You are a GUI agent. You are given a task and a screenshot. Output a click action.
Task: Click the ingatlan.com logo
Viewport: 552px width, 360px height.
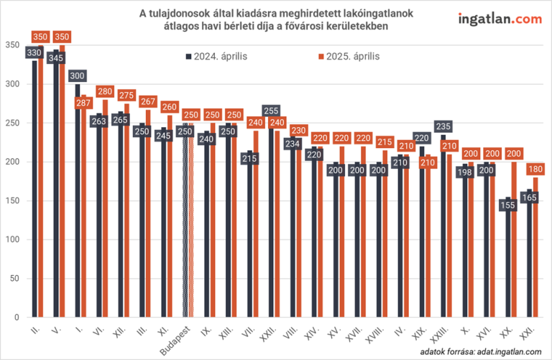(x=499, y=19)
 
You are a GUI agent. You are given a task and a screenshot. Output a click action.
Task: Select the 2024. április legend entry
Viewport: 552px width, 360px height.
(x=216, y=56)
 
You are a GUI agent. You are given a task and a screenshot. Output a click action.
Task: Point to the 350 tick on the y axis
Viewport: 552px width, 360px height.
(x=12, y=45)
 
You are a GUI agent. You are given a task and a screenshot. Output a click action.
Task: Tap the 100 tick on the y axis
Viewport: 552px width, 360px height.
(x=12, y=240)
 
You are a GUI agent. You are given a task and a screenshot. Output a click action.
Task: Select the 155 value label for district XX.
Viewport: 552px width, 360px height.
(x=507, y=205)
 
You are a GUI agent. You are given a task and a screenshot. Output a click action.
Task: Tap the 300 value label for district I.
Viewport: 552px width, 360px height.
(x=78, y=77)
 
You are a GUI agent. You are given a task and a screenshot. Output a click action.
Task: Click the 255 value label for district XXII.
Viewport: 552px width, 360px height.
(x=271, y=111)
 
